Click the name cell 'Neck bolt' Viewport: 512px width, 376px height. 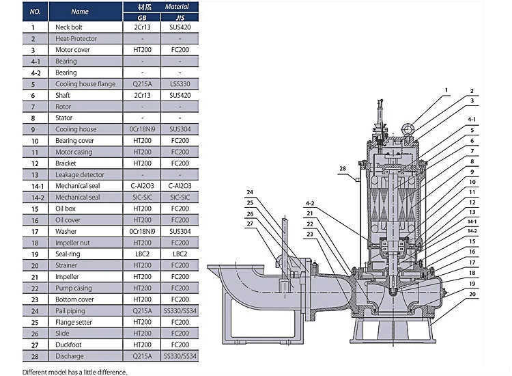coord(68,27)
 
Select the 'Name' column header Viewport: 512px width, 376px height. coord(80,12)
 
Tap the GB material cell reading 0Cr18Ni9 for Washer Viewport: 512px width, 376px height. coord(142,232)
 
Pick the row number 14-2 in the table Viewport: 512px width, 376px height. coord(38,198)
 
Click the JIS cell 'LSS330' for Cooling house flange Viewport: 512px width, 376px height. coord(180,84)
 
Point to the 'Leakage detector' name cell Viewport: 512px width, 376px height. coord(80,174)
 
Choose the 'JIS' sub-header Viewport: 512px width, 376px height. coord(180,18)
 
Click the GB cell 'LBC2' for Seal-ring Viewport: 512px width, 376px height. coord(142,254)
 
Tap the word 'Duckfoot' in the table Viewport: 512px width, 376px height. coord(68,345)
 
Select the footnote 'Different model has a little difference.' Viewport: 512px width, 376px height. coord(75,372)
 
